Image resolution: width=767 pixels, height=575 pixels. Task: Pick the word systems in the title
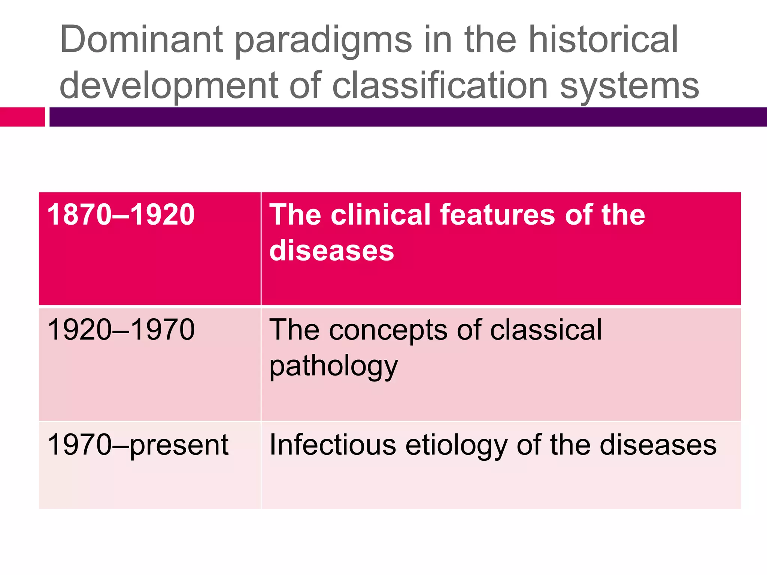[629, 87]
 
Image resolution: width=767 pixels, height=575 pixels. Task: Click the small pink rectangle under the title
[22, 117]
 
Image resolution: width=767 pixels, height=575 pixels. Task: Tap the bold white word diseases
[331, 251]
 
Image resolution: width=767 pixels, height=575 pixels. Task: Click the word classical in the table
[546, 330]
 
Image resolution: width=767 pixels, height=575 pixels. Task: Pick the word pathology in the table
[333, 367]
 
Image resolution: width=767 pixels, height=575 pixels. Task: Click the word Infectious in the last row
[333, 445]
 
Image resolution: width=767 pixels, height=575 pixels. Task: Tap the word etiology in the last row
[456, 445]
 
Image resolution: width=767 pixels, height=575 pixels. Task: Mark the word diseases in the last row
[658, 445]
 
